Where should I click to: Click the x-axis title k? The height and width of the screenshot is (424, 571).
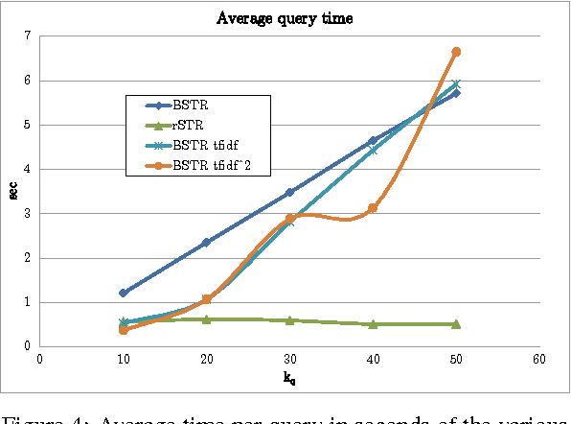click(x=288, y=377)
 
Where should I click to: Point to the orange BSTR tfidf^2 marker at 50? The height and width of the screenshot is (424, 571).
click(x=456, y=52)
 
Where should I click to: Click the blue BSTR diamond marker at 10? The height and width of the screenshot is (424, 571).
click(x=123, y=293)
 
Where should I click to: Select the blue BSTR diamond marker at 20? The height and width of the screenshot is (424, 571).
click(x=206, y=243)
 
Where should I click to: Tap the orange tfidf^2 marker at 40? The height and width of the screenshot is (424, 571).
click(x=373, y=208)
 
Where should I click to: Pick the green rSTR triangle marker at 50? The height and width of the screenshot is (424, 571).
click(x=456, y=324)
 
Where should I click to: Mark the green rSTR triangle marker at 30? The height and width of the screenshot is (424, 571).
click(x=289, y=320)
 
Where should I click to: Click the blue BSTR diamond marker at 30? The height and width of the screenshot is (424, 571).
click(x=289, y=193)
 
